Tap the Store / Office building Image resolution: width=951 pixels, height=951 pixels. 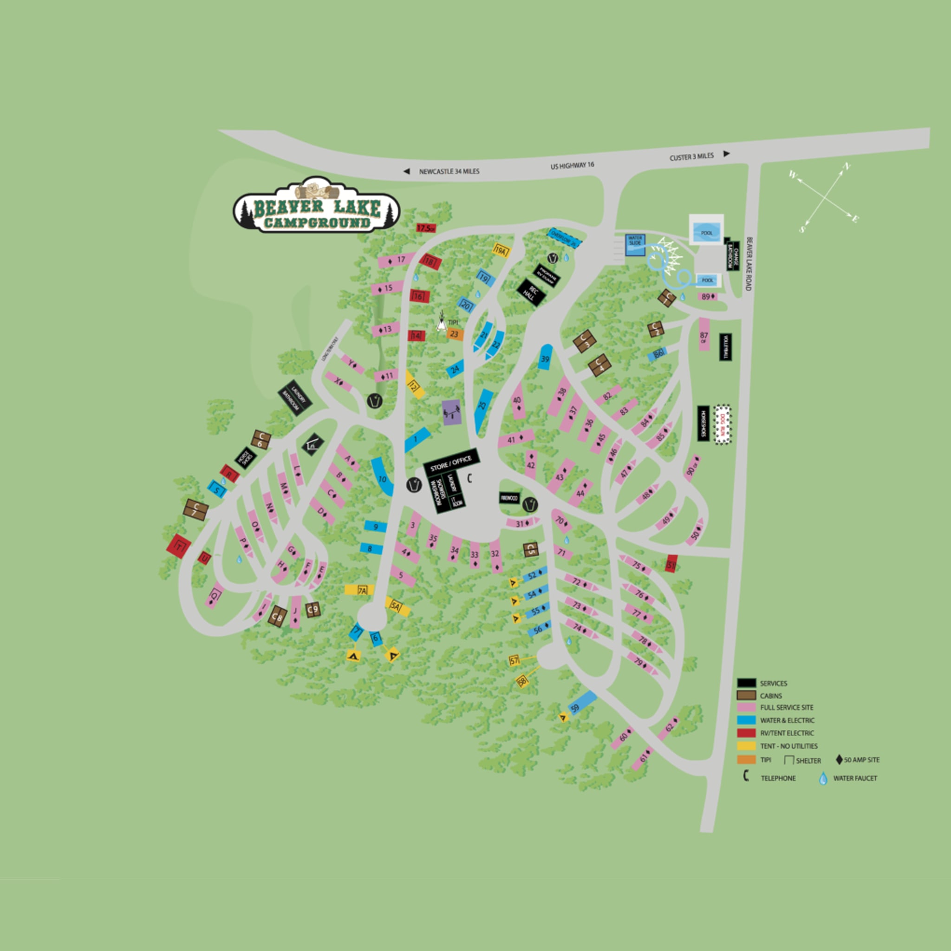coord(451,462)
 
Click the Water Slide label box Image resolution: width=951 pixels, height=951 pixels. coord(635,244)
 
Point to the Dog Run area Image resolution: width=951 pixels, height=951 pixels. coord(723,424)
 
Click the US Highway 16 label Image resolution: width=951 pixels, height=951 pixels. coord(573,166)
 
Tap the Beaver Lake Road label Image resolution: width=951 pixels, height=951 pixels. coord(749,264)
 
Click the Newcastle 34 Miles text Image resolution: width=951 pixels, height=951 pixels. coord(449,172)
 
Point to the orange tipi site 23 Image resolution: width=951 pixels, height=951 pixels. coord(455,335)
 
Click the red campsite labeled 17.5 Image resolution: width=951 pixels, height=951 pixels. coord(426,228)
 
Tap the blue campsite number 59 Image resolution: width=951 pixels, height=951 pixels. coord(582,703)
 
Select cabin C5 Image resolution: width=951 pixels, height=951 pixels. coord(530,550)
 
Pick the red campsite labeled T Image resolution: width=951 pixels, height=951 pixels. coord(179,546)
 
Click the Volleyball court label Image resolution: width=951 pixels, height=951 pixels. coord(725,347)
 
